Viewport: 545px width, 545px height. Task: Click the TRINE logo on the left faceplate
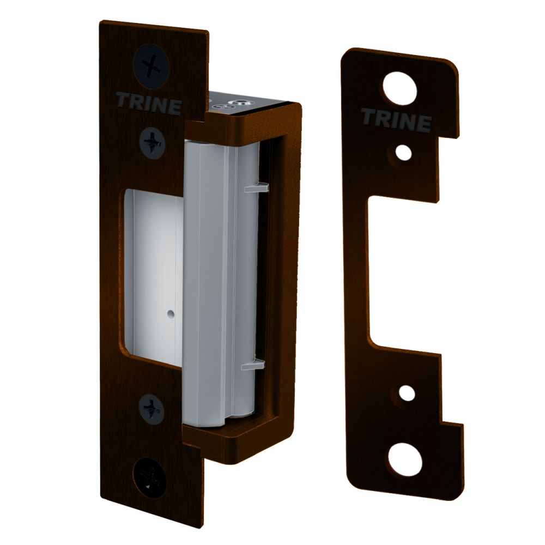coord(149,104)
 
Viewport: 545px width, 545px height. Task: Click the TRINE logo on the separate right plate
coord(395,120)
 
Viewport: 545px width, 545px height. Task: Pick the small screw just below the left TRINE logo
coord(151,143)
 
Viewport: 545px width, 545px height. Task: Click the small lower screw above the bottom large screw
coord(151,407)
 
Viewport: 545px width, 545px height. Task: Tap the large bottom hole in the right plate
coord(404,458)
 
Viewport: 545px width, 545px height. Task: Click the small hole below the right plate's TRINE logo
coord(404,153)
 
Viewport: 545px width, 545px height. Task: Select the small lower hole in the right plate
coord(406,392)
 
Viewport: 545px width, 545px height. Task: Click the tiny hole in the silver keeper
coord(171,314)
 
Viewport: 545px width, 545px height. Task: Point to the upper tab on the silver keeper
coord(255,187)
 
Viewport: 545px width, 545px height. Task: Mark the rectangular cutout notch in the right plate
coord(403,272)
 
